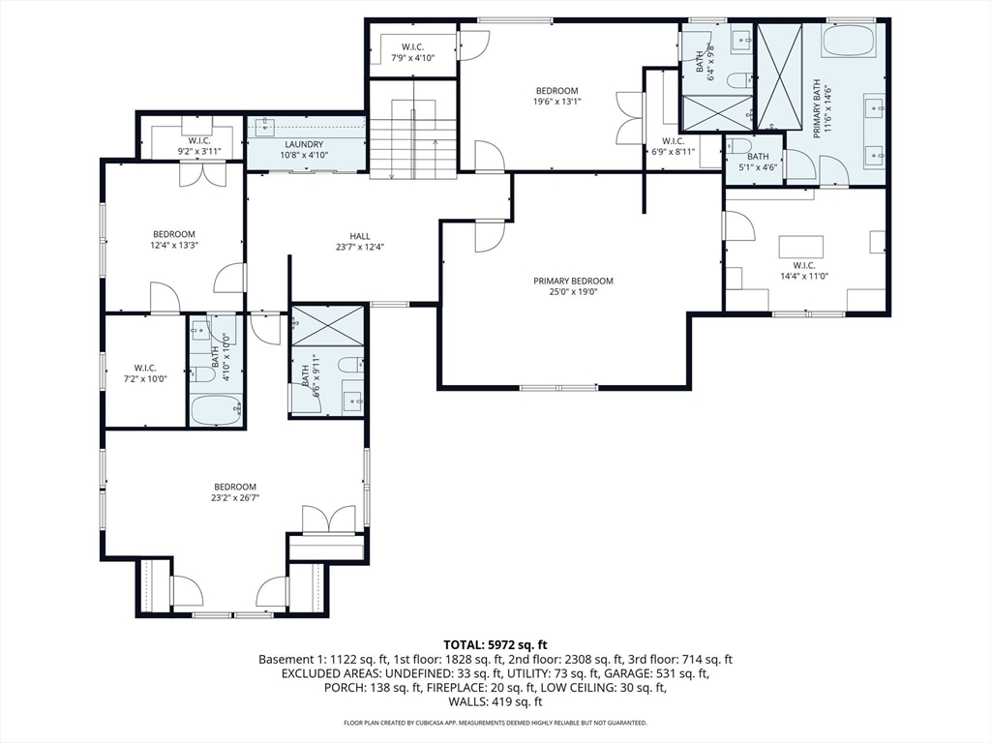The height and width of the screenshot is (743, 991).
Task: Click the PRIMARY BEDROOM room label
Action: click(x=573, y=282)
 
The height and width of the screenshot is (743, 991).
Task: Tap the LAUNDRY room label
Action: click(x=304, y=144)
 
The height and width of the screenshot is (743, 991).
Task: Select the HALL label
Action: click(x=360, y=236)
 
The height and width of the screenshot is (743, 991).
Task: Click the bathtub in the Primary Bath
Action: click(x=848, y=41)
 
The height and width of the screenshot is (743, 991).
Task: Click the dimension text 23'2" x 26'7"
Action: click(x=235, y=498)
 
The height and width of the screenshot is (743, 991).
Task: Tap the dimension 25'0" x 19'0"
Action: click(x=573, y=292)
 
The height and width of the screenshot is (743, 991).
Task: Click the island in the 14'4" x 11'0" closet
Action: click(x=800, y=245)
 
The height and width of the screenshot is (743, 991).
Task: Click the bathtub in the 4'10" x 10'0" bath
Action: click(x=216, y=409)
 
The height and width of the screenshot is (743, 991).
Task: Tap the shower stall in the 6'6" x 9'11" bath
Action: click(x=327, y=326)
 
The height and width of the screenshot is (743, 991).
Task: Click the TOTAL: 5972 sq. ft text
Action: click(x=495, y=645)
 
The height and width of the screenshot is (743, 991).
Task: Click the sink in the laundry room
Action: click(x=265, y=127)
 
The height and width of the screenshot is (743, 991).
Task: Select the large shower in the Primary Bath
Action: click(x=779, y=76)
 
